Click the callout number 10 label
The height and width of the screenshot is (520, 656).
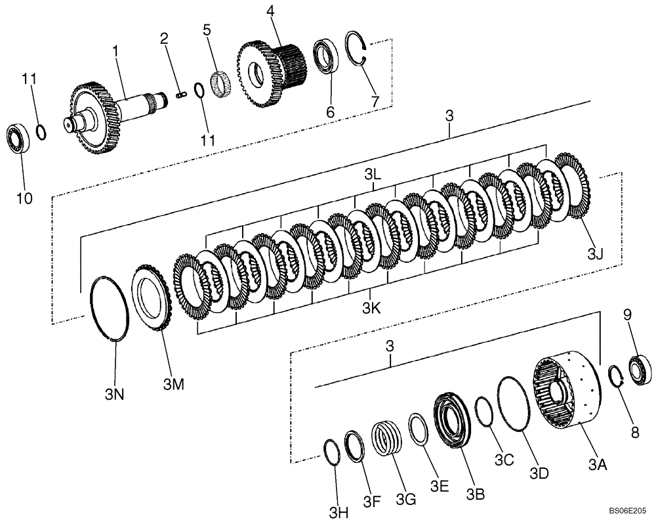click(x=24, y=198)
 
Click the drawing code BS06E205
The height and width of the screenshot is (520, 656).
click(x=626, y=509)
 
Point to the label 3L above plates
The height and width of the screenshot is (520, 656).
click(x=373, y=175)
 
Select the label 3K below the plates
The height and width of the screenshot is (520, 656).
click(x=372, y=307)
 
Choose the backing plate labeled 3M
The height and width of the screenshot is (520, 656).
click(x=153, y=297)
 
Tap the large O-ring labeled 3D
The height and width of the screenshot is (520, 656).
click(x=514, y=404)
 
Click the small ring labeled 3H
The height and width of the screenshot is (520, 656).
click(x=333, y=453)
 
